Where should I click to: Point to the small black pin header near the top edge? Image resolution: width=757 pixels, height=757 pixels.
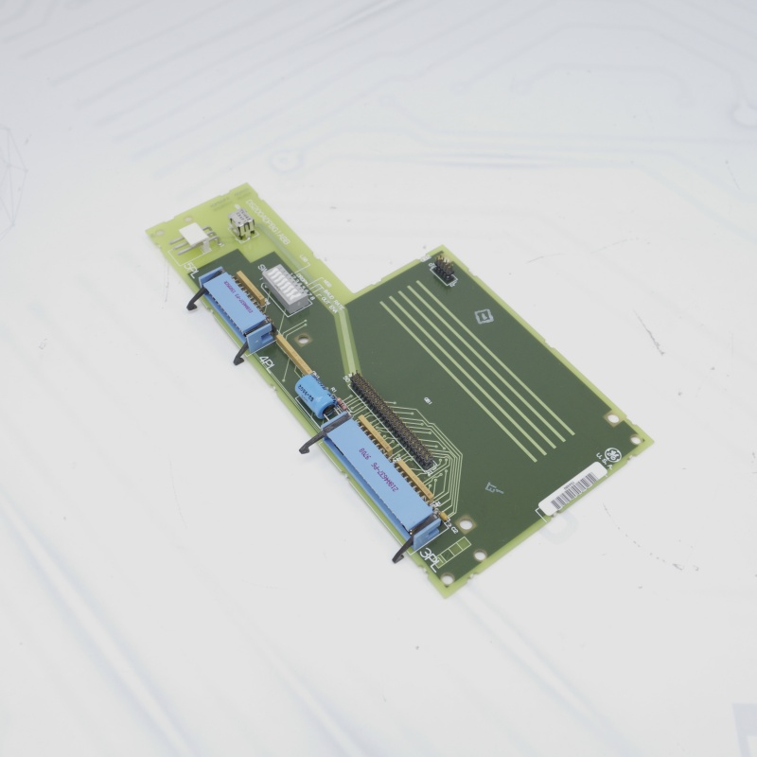(x=443, y=270)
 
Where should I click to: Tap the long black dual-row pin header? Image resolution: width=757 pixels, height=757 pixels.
(x=392, y=421)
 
